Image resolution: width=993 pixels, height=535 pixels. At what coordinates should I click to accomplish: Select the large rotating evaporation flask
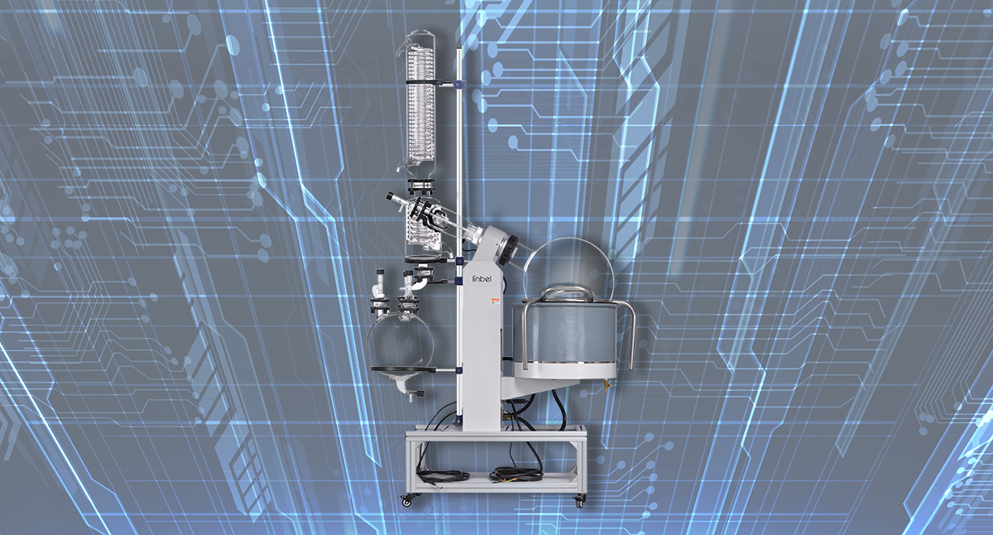pos(573,261)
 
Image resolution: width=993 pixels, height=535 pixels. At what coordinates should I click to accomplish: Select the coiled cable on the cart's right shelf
pos(514,474)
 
